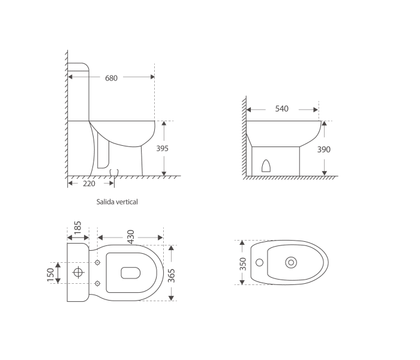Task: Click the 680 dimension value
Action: (x=112, y=78)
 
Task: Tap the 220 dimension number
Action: (x=89, y=184)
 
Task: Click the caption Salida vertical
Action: (x=117, y=202)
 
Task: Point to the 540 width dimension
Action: (x=281, y=109)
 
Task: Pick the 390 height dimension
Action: (x=323, y=149)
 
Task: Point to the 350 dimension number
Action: (x=242, y=263)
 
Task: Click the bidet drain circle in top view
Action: (x=292, y=262)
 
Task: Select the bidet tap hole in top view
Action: (x=259, y=263)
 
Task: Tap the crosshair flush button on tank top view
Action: (x=78, y=273)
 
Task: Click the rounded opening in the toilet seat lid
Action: (x=130, y=273)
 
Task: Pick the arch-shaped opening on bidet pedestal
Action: (x=268, y=165)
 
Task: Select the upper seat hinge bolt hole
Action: (x=98, y=263)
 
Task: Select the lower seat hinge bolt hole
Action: (x=98, y=283)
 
